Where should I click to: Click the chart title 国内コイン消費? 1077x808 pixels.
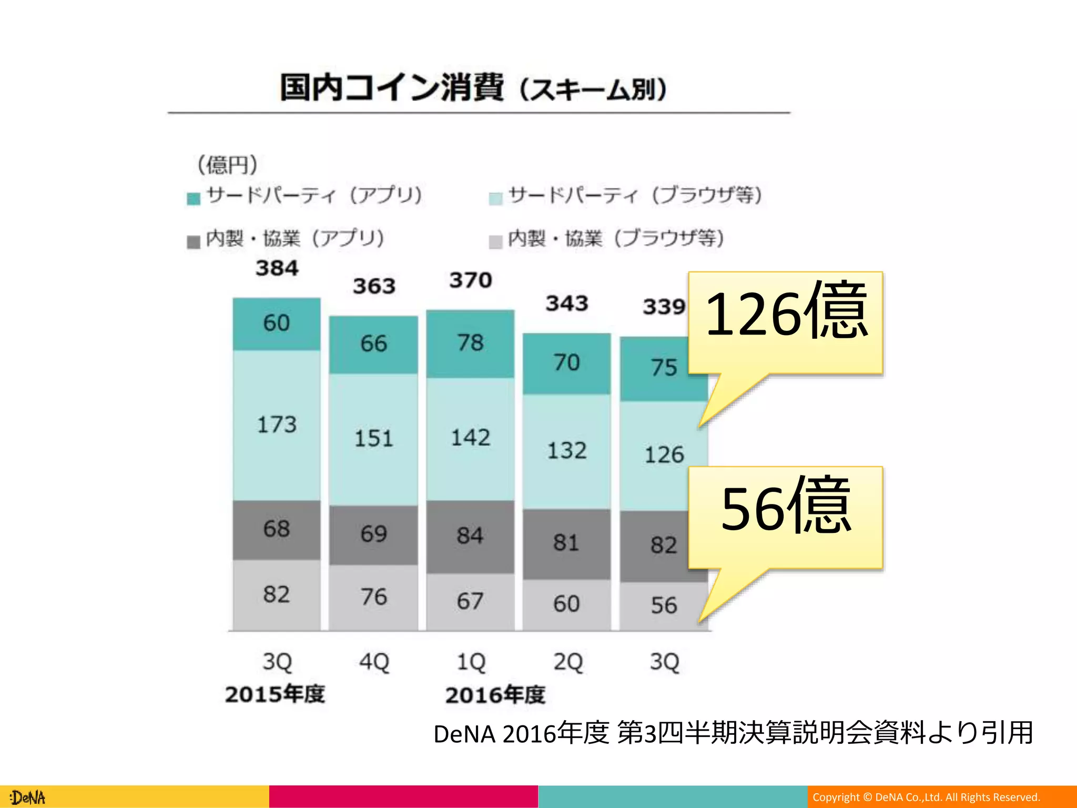392,87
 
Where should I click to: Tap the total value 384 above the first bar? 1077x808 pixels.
277,268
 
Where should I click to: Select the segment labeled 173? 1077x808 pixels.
277,425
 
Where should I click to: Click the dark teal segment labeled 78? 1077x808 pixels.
470,343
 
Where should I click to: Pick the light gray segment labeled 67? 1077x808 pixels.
470,601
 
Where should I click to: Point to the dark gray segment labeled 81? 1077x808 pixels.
566,543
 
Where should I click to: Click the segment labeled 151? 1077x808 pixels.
373,439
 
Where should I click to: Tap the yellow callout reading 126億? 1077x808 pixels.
785,321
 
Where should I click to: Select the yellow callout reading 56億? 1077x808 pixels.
785,516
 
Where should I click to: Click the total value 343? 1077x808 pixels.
566,304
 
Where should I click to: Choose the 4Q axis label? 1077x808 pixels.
374,662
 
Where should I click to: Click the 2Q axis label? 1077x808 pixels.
567,662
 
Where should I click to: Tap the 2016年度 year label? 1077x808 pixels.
495,695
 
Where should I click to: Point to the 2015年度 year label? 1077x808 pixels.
275,694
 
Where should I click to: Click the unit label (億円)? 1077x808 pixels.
227,165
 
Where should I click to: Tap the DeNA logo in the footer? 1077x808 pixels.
28,797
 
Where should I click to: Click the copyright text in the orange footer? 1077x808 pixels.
926,797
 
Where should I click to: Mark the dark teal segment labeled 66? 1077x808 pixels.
373,344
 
